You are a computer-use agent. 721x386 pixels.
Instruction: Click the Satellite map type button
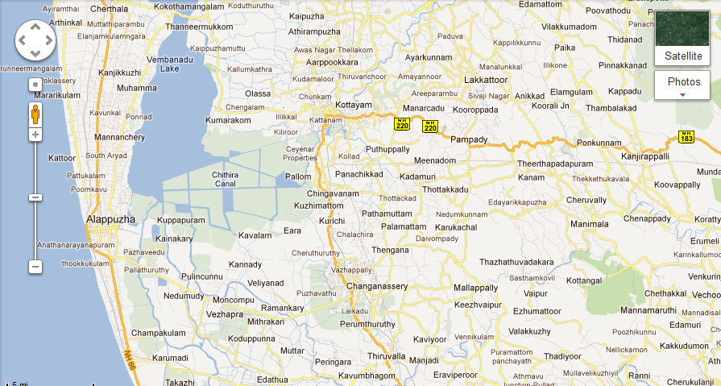(682, 38)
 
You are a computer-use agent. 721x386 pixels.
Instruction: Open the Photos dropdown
(682, 84)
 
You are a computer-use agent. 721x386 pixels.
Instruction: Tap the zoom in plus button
(35, 135)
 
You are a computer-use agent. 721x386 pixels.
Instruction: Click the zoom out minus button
(35, 266)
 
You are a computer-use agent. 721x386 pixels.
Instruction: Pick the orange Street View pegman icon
(35, 114)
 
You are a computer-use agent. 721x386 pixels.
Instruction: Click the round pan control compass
(35, 40)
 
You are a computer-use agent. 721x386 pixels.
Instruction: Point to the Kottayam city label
(354, 106)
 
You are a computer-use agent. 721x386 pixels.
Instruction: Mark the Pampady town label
(469, 139)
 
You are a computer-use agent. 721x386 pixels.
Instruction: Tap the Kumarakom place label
(229, 120)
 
